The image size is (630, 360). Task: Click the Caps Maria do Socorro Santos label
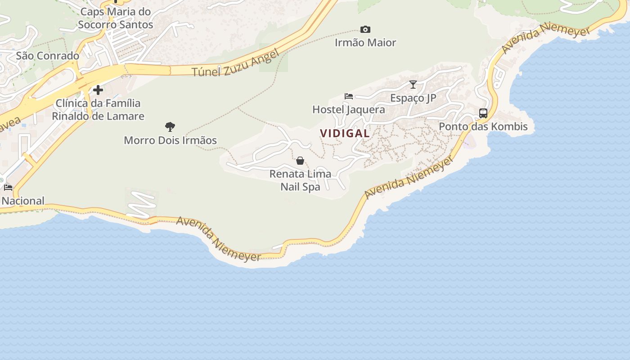pyautogui.click(x=116, y=18)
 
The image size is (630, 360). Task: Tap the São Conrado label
pyautogui.click(x=47, y=56)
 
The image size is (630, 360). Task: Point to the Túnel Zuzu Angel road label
pyautogui.click(x=235, y=64)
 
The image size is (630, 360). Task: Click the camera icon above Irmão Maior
pyautogui.click(x=365, y=30)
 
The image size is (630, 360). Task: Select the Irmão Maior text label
pyautogui.click(x=365, y=43)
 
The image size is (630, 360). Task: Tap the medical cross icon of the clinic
pyautogui.click(x=98, y=90)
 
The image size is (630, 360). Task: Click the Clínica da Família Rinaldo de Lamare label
pyautogui.click(x=98, y=110)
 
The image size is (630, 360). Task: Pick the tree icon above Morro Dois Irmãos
pyautogui.click(x=170, y=127)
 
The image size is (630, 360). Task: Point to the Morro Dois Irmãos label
pyautogui.click(x=170, y=140)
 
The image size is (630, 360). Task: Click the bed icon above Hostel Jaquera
pyautogui.click(x=349, y=96)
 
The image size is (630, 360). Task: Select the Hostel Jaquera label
pyautogui.click(x=349, y=110)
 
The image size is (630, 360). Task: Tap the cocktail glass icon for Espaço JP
pyautogui.click(x=413, y=84)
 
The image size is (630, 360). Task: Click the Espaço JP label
pyautogui.click(x=413, y=98)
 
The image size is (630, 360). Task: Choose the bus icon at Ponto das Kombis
pyautogui.click(x=483, y=113)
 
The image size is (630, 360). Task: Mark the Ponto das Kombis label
pyautogui.click(x=483, y=126)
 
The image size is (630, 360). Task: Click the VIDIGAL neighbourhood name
pyautogui.click(x=345, y=133)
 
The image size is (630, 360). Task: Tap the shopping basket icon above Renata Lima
pyautogui.click(x=300, y=161)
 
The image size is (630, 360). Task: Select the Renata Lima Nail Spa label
pyautogui.click(x=300, y=180)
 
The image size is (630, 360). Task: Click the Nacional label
pyautogui.click(x=23, y=201)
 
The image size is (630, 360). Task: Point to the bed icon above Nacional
pyautogui.click(x=8, y=188)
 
